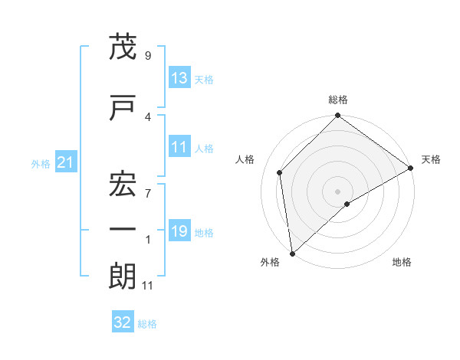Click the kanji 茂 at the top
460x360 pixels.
(x=123, y=48)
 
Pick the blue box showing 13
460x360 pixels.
(x=179, y=78)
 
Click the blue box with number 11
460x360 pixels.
(x=179, y=148)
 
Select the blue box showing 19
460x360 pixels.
(x=179, y=232)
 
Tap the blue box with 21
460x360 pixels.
(x=64, y=162)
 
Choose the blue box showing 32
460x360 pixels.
(x=123, y=323)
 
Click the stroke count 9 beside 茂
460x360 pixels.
(x=147, y=55)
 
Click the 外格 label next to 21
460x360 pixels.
(x=41, y=163)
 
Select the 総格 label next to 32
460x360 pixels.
(x=148, y=324)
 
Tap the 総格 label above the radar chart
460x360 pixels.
(x=338, y=100)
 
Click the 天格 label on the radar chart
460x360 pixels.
(x=431, y=159)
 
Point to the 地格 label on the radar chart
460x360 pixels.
(x=402, y=262)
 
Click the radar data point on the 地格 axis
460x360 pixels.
(x=347, y=204)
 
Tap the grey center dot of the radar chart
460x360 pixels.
(x=338, y=191)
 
